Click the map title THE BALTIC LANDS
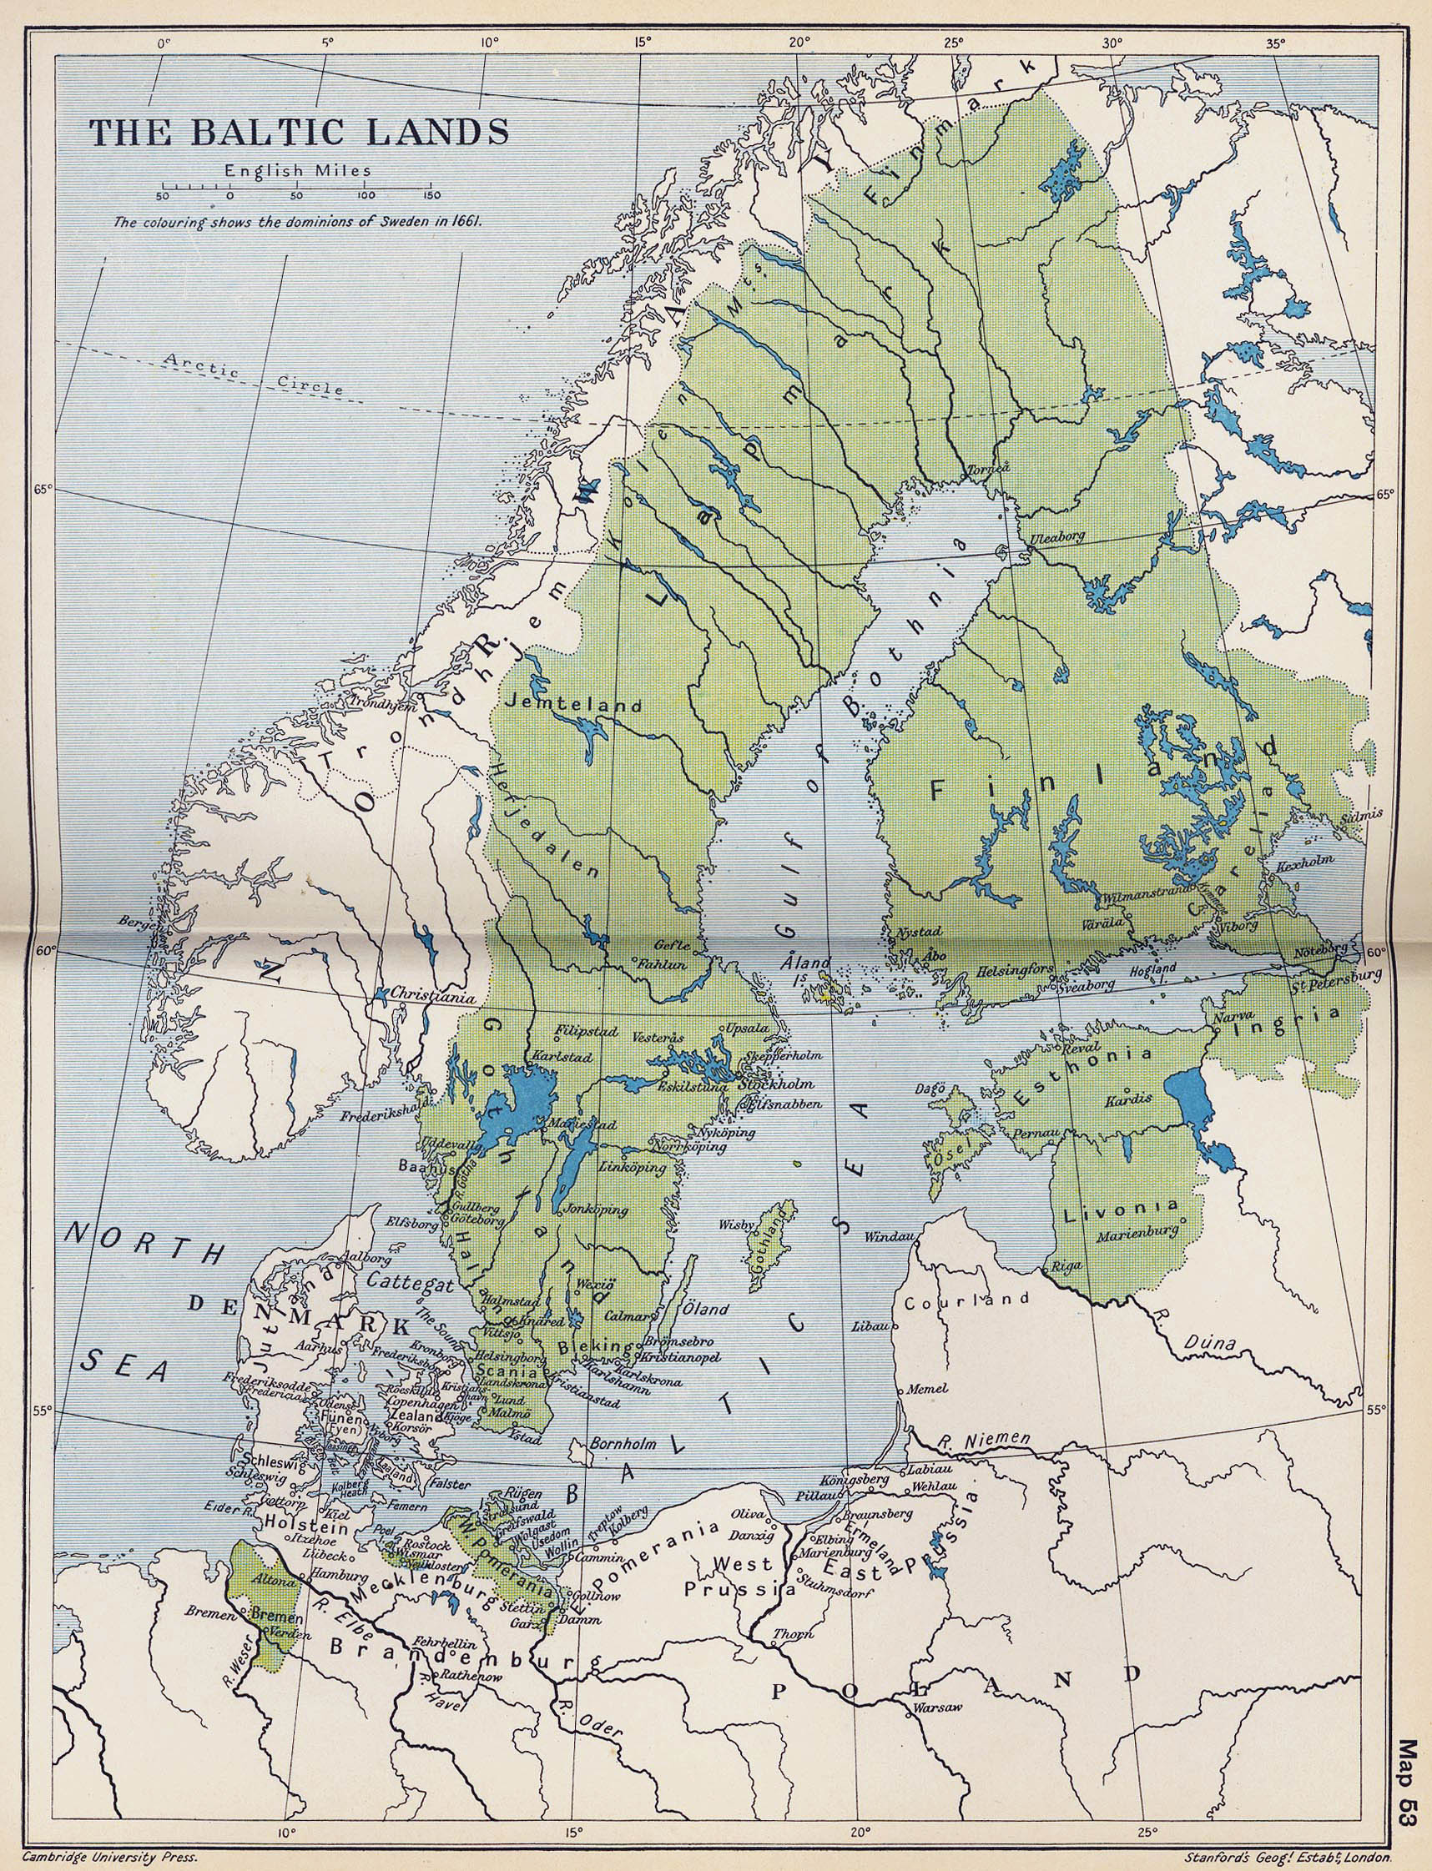[300, 132]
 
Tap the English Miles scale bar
[297, 187]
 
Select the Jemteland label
[572, 706]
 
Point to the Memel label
[927, 1388]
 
